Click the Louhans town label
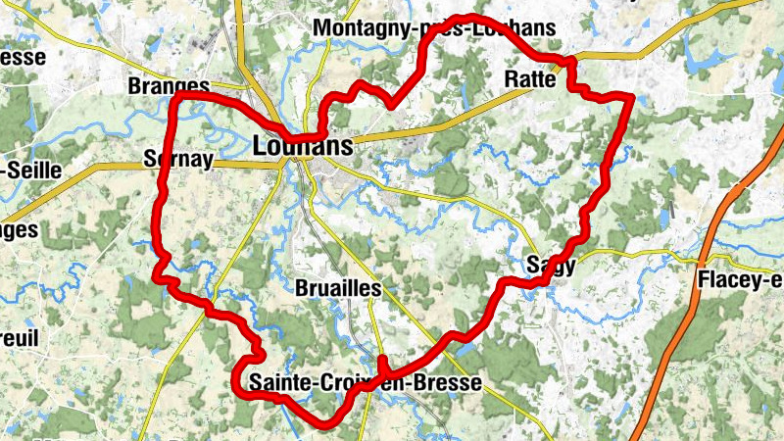(302, 146)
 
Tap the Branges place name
(169, 86)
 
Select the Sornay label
(177, 158)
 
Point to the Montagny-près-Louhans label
(433, 28)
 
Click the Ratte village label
(530, 79)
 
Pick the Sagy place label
(551, 264)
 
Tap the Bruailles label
(338, 288)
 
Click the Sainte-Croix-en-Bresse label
(366, 382)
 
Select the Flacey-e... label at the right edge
(740, 280)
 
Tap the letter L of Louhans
(259, 146)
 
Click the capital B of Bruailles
(301, 288)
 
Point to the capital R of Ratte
(511, 79)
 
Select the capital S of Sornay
(148, 158)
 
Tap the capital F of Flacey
(704, 280)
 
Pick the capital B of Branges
(134, 86)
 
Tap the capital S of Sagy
(533, 264)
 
